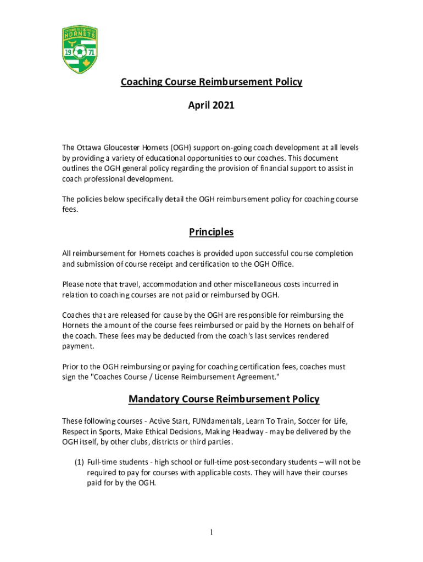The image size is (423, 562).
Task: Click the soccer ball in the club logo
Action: [80, 53]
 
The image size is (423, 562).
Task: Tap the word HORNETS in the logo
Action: [80, 35]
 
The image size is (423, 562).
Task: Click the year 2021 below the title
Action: [224, 105]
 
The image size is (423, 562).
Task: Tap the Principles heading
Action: [211, 232]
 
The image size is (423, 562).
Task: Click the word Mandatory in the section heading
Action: [155, 399]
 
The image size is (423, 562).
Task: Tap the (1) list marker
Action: [80, 462]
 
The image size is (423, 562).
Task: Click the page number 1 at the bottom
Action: [211, 532]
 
